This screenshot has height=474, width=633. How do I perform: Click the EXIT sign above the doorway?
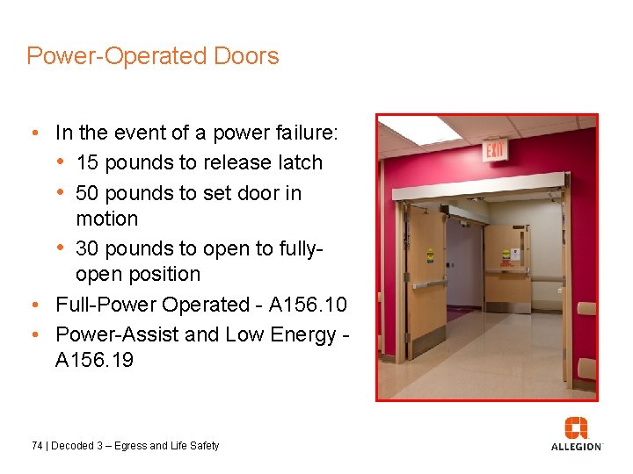pyautogui.click(x=496, y=151)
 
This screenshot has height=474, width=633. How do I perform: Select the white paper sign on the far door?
pyautogui.click(x=516, y=254)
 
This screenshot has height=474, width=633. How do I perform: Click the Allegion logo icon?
pyautogui.click(x=576, y=427)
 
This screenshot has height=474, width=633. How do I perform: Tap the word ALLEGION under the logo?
pyautogui.click(x=576, y=447)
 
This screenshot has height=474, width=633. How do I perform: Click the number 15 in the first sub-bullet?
pyautogui.click(x=88, y=163)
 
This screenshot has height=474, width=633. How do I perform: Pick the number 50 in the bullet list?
pyautogui.click(x=88, y=192)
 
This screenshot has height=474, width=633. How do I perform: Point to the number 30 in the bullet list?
pyautogui.click(x=88, y=248)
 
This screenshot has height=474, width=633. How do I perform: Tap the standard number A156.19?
pyautogui.click(x=94, y=360)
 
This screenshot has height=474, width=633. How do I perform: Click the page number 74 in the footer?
pyautogui.click(x=36, y=446)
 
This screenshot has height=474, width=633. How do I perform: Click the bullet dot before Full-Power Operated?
pyautogui.click(x=33, y=305)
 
